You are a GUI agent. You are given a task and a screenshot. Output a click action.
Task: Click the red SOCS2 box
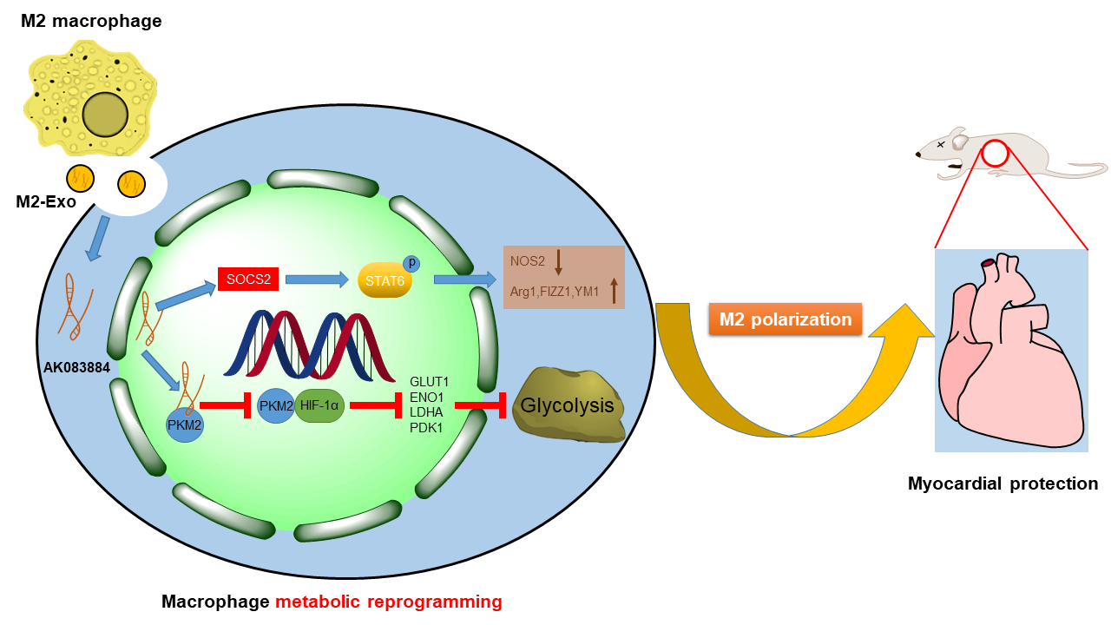point(248,279)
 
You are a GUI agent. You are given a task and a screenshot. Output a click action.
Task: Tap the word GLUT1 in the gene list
point(429,381)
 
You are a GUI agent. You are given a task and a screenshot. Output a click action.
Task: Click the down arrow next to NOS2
point(559,261)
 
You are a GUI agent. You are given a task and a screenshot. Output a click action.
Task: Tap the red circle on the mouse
point(995,155)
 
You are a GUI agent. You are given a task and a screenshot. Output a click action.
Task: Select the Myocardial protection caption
point(1003,484)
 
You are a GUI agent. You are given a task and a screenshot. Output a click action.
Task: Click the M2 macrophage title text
point(91,21)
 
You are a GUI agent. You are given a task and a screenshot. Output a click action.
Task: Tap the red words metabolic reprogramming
point(389,602)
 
